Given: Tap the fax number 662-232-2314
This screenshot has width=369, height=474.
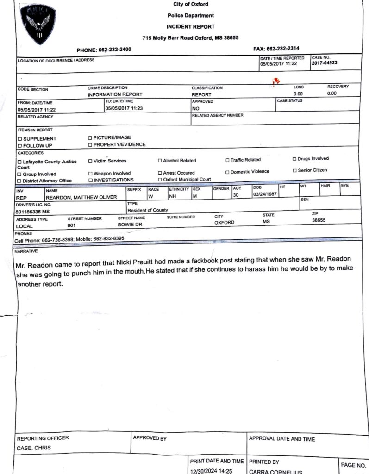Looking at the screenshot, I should [x=283, y=49].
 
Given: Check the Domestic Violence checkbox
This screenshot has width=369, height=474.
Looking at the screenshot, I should [x=227, y=172].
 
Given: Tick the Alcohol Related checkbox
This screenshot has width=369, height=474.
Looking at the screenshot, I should [x=160, y=161].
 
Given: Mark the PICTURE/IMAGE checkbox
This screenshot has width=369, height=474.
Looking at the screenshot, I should [x=90, y=138].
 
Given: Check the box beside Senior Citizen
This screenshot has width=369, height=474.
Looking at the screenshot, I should [x=294, y=170].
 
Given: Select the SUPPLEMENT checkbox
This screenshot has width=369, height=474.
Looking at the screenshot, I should [x=19, y=139].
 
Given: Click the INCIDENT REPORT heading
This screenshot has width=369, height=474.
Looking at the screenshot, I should [x=190, y=27].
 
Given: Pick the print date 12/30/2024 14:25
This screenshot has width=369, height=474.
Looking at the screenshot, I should [x=211, y=471].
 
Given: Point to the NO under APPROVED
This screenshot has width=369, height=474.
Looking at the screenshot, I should [x=195, y=108].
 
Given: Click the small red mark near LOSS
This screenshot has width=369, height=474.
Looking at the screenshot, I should [x=277, y=82].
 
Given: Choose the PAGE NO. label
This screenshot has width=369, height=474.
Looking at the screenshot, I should [x=353, y=465].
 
